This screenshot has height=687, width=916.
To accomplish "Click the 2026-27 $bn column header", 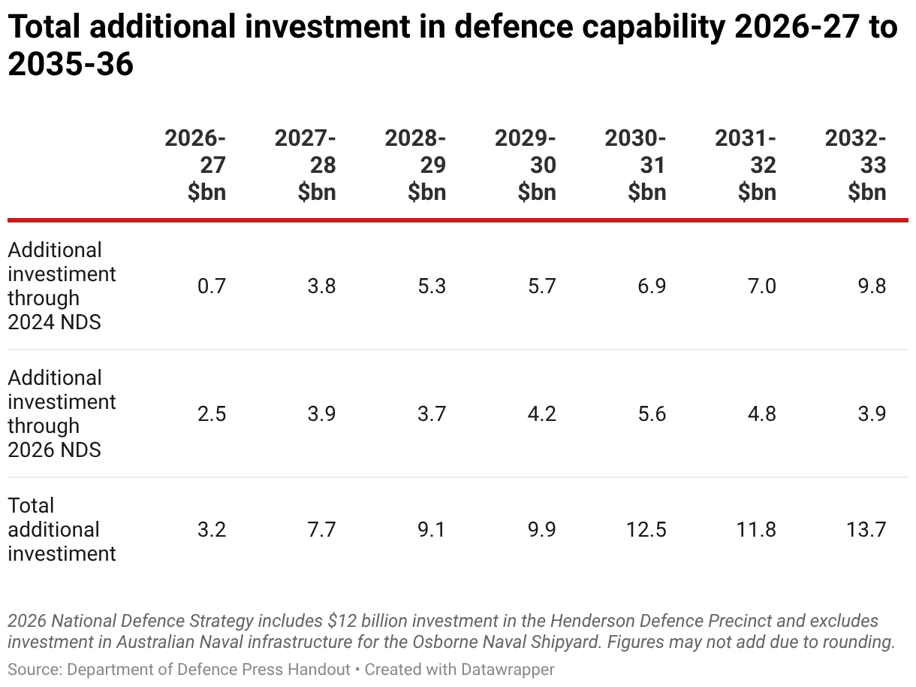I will click(197, 165).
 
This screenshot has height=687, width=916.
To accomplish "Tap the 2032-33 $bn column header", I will click(857, 165).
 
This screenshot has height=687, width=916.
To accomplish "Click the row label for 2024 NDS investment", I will click(62, 286).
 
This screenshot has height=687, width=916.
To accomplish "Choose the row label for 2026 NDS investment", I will click(62, 413).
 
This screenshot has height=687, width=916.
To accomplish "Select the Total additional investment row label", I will click(62, 529).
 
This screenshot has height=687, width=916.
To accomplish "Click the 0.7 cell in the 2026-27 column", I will click(212, 286).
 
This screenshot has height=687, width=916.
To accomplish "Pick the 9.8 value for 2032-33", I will click(872, 286).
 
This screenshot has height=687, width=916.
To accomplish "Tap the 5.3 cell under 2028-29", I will click(432, 286).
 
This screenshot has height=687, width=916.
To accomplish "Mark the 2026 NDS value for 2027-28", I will click(321, 413).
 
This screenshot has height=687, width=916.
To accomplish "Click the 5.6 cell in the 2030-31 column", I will click(652, 413).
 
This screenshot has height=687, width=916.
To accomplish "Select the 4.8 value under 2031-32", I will click(761, 413).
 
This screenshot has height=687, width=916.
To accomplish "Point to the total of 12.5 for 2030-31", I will click(646, 529).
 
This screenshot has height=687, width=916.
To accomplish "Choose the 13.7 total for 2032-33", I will click(866, 529).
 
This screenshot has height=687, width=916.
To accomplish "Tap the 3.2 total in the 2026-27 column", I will click(212, 529).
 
